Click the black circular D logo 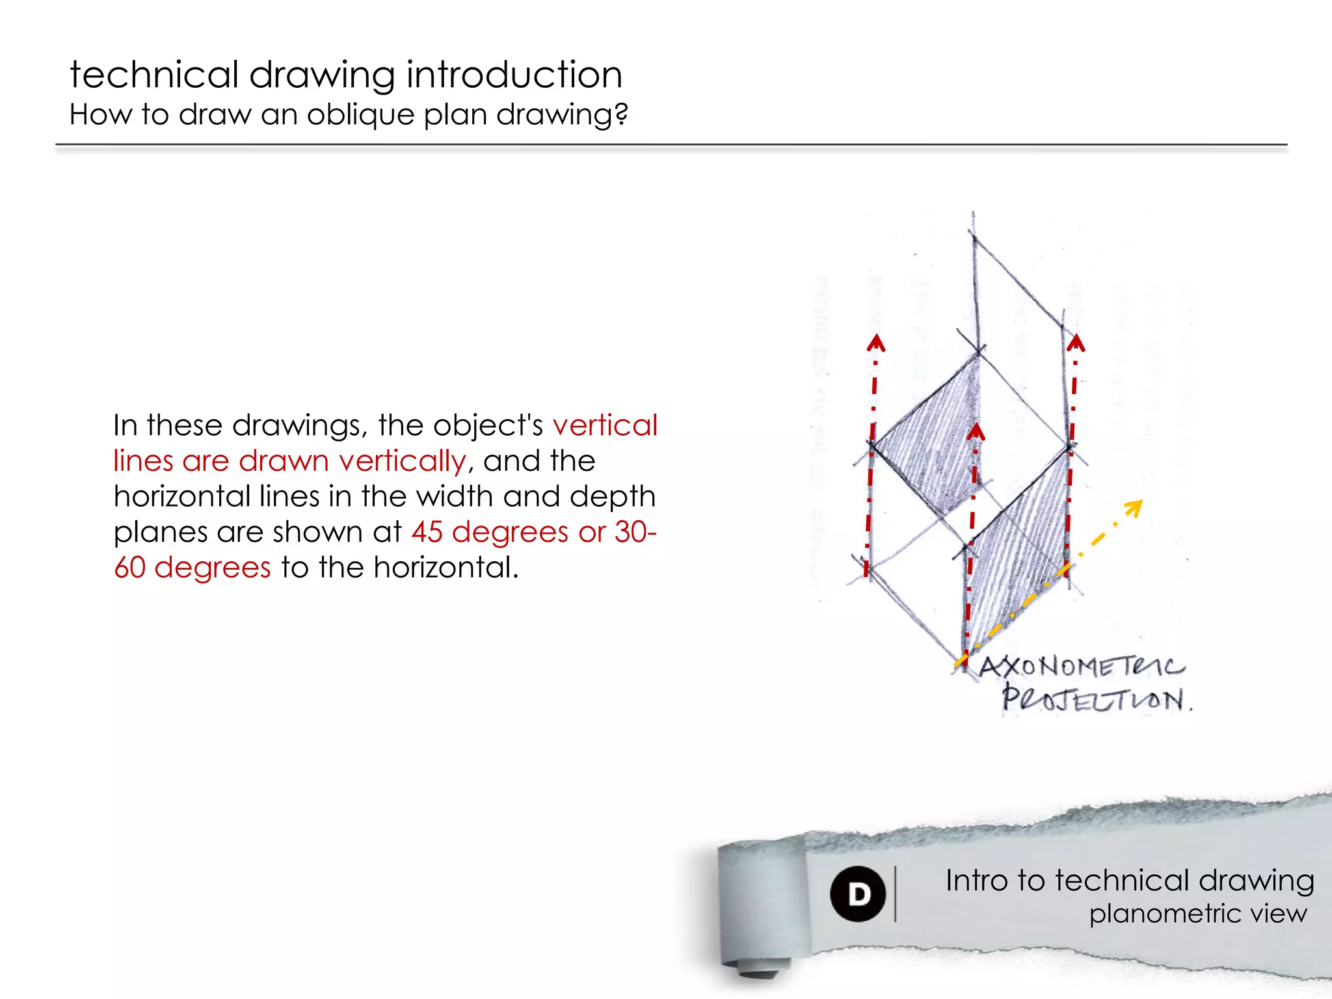coord(858,894)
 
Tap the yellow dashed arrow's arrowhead coord(1134,507)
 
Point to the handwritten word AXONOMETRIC coord(1082,667)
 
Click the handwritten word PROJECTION coord(1097,700)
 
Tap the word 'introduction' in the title coord(514,75)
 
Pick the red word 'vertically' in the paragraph coord(402,461)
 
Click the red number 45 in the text coord(427,532)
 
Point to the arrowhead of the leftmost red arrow coord(876,343)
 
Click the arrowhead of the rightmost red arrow coord(1076,343)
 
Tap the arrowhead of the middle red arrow coord(976,433)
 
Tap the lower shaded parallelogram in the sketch coord(1018,553)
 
